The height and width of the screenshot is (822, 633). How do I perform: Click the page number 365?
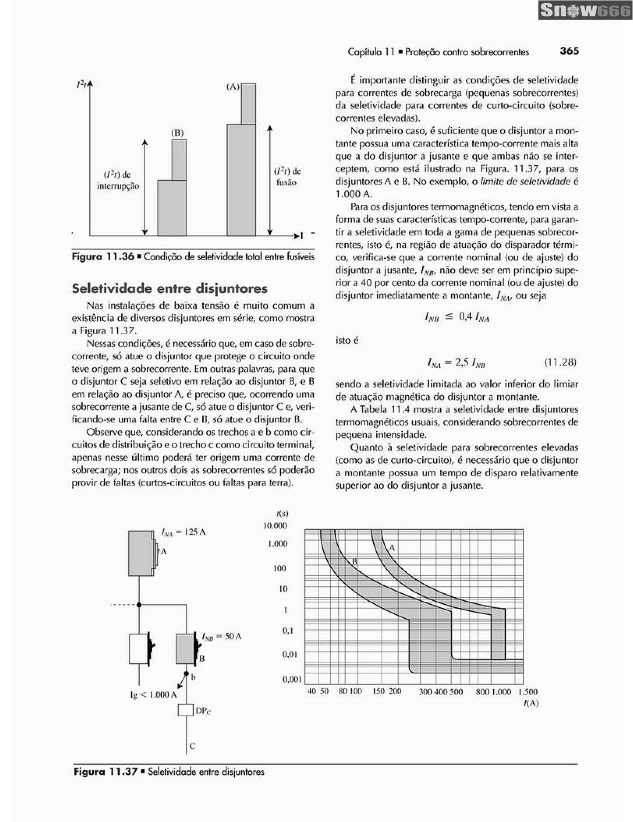coord(569,51)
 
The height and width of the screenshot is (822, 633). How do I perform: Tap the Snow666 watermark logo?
coord(585,10)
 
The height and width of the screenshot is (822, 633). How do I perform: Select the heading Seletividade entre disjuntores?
coord(169,289)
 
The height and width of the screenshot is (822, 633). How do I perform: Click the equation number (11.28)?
coord(560,362)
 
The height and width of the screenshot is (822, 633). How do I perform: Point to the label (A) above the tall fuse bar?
coord(233,87)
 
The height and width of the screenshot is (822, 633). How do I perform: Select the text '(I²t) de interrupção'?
coord(118,180)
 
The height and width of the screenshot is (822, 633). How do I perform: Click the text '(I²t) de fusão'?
coord(287,177)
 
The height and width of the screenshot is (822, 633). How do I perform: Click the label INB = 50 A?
coord(221,637)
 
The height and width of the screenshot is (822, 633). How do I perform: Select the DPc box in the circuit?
coord(185,710)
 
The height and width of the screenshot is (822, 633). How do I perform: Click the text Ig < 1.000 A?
coord(153,695)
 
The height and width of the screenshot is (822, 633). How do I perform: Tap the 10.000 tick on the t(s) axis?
coord(275,525)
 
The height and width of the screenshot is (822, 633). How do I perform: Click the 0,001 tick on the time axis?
coord(292,679)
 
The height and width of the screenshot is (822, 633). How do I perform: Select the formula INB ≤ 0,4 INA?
coord(457,317)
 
